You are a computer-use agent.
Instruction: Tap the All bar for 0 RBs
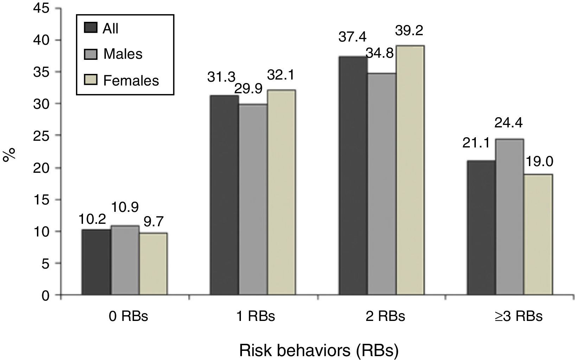[96, 262]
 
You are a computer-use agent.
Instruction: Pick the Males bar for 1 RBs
[253, 200]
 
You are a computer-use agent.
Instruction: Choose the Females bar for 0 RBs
[153, 264]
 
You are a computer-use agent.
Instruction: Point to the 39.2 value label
[409, 31]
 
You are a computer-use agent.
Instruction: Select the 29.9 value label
[248, 89]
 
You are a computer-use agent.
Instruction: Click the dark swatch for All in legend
[91, 27]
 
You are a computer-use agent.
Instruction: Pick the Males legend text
[123, 54]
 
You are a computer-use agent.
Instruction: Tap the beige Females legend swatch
[91, 81]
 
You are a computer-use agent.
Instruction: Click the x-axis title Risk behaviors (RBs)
[319, 350]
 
